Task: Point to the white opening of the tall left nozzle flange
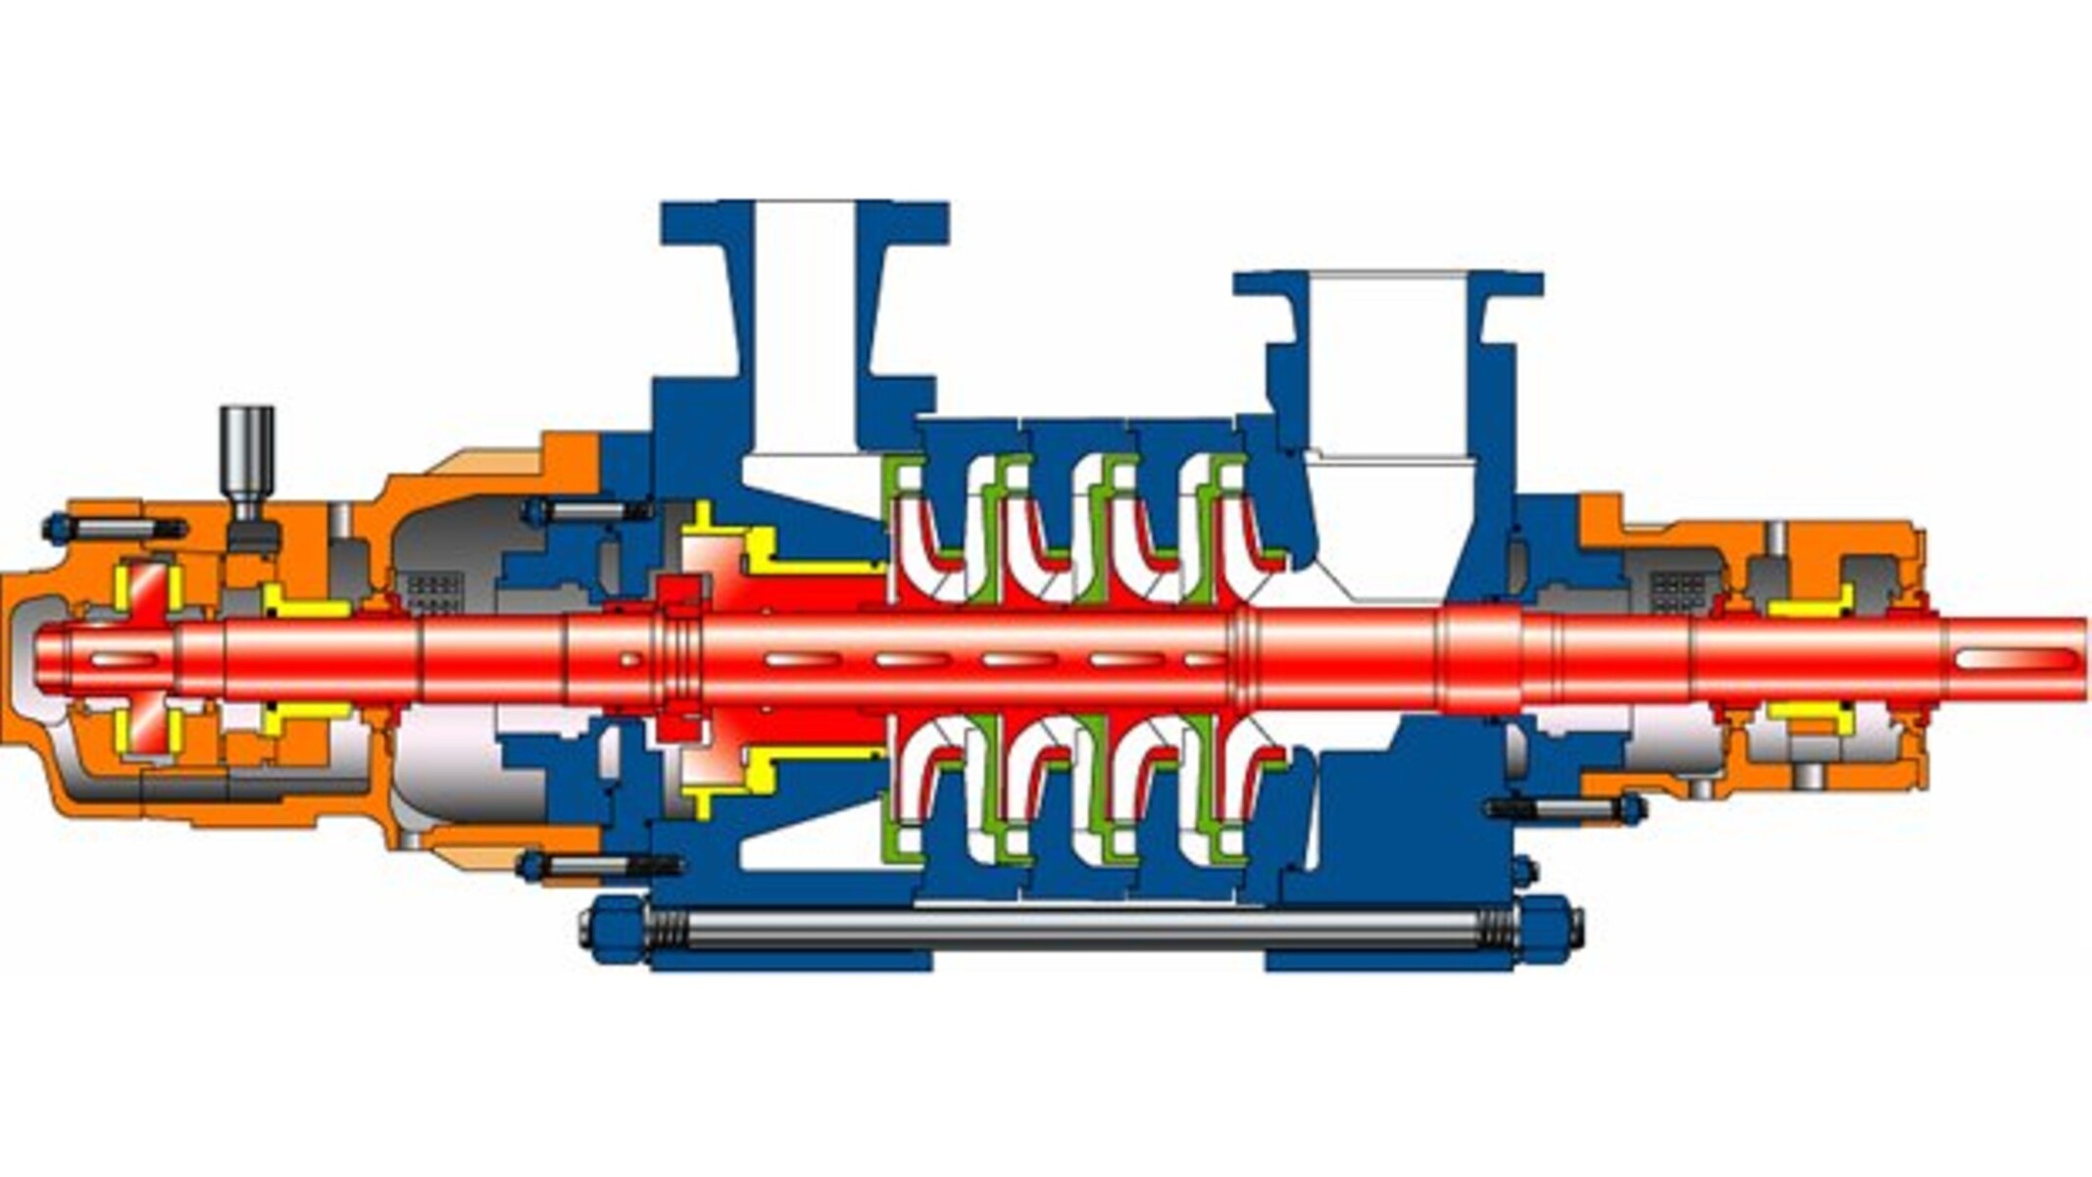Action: click(804, 324)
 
